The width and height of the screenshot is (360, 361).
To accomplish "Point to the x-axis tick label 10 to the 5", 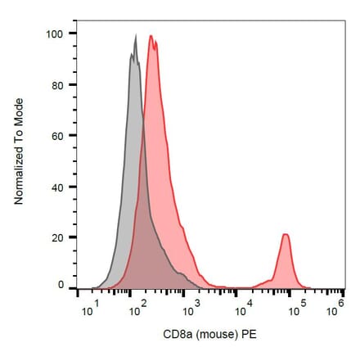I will [x=293, y=307].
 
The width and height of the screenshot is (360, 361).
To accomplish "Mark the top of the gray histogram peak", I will [x=135, y=35].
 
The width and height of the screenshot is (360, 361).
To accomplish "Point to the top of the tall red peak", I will [x=151, y=36].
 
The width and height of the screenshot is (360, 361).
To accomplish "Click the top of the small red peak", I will [x=285, y=235].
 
